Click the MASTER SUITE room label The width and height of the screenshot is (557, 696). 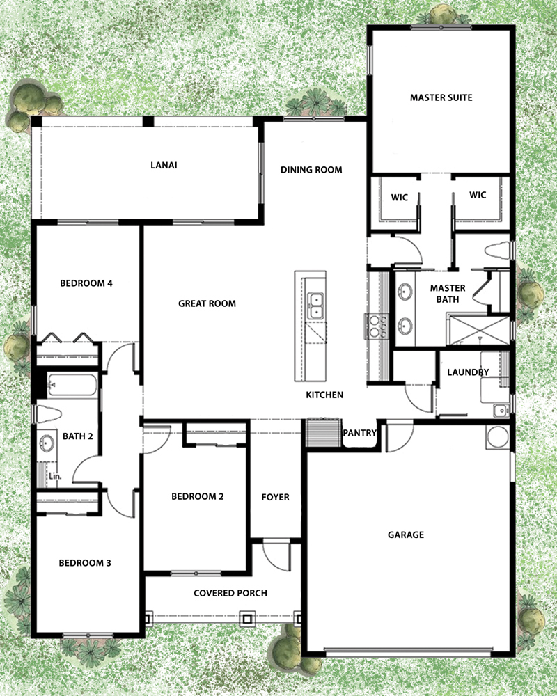point(441,98)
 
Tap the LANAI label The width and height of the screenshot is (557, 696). point(161,166)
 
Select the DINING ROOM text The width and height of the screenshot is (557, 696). point(311,170)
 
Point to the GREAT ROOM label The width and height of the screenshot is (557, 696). point(207,303)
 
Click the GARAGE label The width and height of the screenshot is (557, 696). point(405,535)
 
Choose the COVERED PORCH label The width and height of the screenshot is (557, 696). point(230,593)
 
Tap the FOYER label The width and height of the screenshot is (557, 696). point(275,497)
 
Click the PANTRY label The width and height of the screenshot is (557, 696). point(359,433)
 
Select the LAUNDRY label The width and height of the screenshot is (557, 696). point(467,372)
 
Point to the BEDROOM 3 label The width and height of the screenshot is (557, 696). point(84,563)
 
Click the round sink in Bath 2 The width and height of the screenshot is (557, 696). point(48,443)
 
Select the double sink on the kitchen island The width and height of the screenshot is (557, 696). point(316,305)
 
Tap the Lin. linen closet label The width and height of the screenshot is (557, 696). point(54,475)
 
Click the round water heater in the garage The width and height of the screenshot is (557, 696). point(498,437)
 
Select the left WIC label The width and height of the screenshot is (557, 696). point(399,196)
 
